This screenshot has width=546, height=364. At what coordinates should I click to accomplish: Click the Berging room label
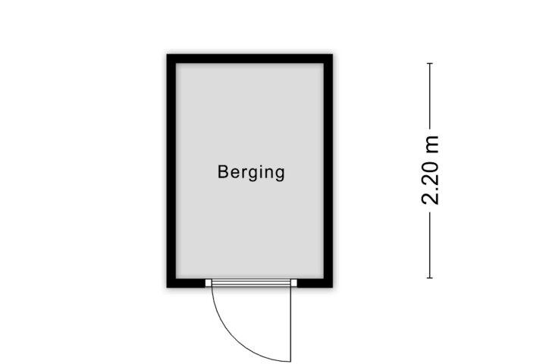pyautogui.click(x=251, y=172)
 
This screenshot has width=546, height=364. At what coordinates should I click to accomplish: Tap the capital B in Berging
pyautogui.click(x=223, y=171)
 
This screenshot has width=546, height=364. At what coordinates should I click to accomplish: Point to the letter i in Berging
pyautogui.click(x=259, y=171)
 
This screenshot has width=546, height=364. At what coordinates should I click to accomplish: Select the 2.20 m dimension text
pyautogui.click(x=430, y=170)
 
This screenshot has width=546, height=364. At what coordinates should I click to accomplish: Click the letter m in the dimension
pyautogui.click(x=431, y=145)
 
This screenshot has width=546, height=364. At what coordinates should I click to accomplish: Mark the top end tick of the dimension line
pyautogui.click(x=430, y=64)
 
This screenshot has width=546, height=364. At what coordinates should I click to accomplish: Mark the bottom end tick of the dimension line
pyautogui.click(x=430, y=278)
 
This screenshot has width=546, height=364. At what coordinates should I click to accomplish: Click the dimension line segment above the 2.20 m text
pyautogui.click(x=430, y=96)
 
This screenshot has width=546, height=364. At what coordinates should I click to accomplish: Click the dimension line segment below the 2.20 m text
pyautogui.click(x=430, y=245)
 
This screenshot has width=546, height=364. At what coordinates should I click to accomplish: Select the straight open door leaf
pyautogui.click(x=290, y=324)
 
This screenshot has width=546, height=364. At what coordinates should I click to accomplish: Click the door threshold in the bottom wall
pyautogui.click(x=251, y=283)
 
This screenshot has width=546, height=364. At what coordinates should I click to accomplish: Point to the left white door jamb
pyautogui.click(x=209, y=283)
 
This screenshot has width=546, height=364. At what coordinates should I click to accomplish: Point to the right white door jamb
pyautogui.click(x=294, y=283)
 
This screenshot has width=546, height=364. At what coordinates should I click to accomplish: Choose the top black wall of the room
pyautogui.click(x=249, y=58)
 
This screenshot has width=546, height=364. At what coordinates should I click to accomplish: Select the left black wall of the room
pyautogui.click(x=171, y=171)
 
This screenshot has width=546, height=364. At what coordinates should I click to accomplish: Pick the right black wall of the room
pyautogui.click(x=328, y=171)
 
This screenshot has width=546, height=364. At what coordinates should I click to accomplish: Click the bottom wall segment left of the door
pyautogui.click(x=186, y=283)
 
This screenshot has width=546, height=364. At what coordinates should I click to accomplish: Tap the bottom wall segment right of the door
pyautogui.click(x=315, y=283)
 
